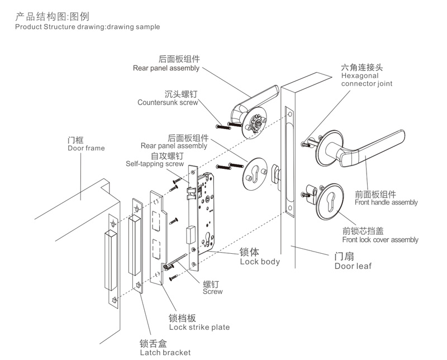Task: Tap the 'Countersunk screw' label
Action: coord(168,102)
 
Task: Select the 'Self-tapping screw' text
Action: coord(154,164)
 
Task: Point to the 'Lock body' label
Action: coord(260,261)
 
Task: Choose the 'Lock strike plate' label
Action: coord(199,327)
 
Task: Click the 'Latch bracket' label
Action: coord(165,352)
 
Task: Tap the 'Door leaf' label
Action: coord(353,266)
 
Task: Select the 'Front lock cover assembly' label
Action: coord(380,240)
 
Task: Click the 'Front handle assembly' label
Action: coord(386,202)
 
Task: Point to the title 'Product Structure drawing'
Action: coord(87,27)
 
